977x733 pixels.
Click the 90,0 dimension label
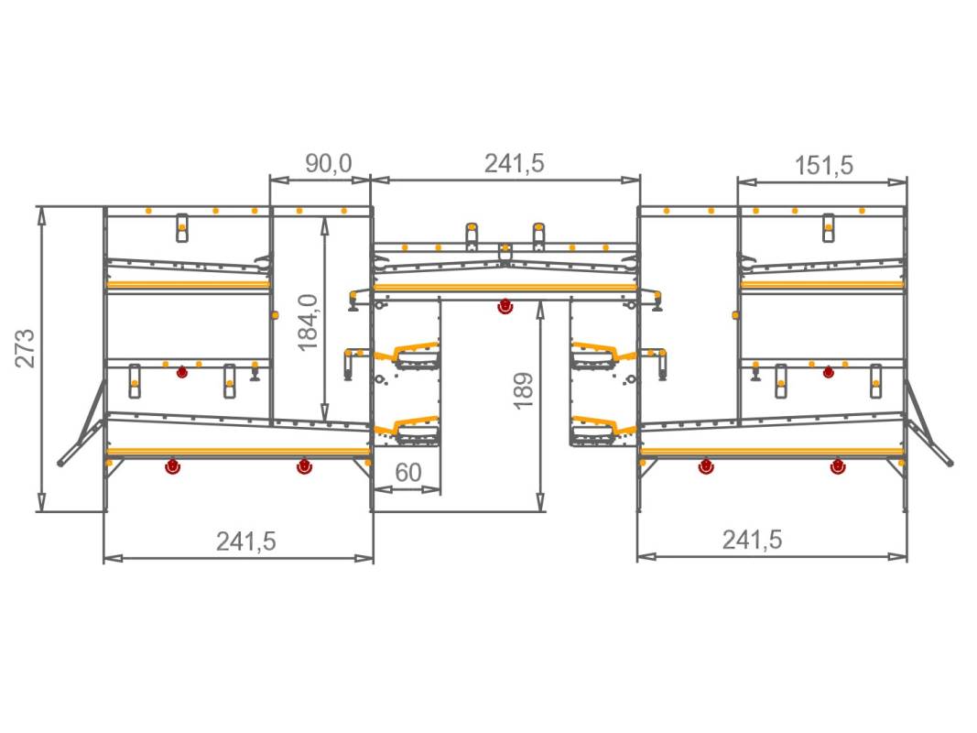point(329,164)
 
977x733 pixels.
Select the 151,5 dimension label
point(823,166)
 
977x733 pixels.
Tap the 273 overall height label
point(26,348)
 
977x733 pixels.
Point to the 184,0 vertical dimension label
point(308,323)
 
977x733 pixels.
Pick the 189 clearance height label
point(524,391)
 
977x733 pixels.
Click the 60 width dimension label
point(408,473)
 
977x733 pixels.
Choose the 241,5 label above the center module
point(514,163)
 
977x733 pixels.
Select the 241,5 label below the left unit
point(246,541)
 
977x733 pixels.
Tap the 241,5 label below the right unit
point(752,540)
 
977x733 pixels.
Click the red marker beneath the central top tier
point(505,307)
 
